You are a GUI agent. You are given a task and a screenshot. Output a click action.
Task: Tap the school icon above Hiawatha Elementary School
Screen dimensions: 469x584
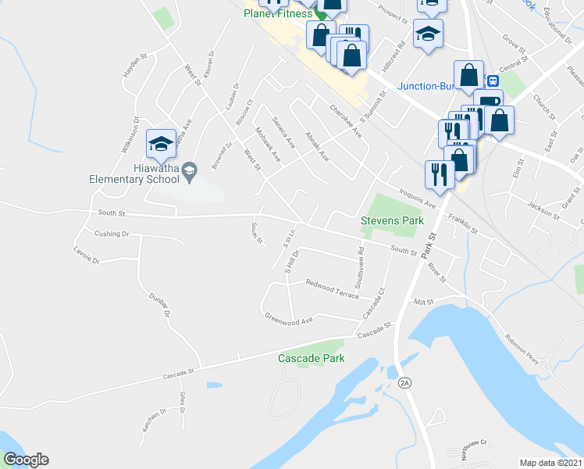pos(160,144)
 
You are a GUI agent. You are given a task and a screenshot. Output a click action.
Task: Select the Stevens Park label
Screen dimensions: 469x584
pos(392,221)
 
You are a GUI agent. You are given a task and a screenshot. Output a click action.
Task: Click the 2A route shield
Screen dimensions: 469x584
pos(404,382)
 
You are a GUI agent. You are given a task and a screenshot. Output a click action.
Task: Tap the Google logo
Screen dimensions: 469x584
pos(25,460)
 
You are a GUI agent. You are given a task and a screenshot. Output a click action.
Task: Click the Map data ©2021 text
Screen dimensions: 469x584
pos(550,463)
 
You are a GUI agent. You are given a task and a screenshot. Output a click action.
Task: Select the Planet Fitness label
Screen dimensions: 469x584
pos(277,13)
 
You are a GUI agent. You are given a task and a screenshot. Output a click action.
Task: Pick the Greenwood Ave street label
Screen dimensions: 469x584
pos(289,318)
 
